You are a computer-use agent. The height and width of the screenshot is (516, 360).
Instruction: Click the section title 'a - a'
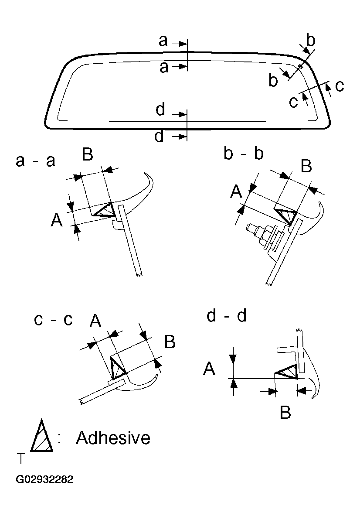[35, 161]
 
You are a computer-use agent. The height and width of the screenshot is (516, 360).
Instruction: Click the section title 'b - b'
[244, 154]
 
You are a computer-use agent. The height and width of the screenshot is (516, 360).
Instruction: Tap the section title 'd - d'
[226, 315]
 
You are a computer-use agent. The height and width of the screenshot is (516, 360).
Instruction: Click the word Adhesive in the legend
[113, 437]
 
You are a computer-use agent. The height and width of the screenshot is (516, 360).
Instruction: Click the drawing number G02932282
[44, 479]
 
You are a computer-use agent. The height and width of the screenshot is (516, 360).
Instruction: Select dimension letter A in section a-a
[56, 221]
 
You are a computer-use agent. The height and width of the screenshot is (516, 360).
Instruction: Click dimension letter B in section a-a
[88, 154]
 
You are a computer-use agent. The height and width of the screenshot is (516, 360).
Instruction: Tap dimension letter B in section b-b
[306, 166]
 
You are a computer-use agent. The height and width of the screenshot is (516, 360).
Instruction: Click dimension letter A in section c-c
[95, 321]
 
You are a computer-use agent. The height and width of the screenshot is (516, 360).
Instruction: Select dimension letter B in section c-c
[170, 342]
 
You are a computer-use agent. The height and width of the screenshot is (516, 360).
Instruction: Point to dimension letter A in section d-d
[209, 369]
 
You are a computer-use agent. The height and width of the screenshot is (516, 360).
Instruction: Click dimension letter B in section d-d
[285, 412]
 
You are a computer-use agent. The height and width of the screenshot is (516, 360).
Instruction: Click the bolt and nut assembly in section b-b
[262, 233]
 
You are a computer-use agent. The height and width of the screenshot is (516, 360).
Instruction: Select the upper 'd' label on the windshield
[160, 110]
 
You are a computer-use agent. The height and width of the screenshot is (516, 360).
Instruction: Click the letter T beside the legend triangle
[20, 459]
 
